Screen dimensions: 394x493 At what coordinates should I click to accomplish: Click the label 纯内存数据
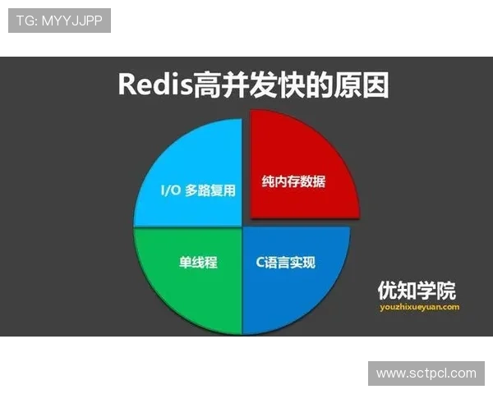click(x=293, y=181)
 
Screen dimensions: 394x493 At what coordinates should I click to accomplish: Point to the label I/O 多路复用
click(x=197, y=190)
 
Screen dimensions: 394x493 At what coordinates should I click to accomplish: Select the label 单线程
click(x=198, y=263)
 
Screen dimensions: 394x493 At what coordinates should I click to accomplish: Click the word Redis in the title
click(x=151, y=85)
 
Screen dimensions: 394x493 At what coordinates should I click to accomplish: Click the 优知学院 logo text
click(x=417, y=291)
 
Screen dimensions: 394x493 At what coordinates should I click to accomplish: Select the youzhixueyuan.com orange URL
click(x=419, y=307)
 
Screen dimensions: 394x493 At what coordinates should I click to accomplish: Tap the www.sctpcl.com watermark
click(x=426, y=373)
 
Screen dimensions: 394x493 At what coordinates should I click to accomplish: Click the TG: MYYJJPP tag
click(x=59, y=21)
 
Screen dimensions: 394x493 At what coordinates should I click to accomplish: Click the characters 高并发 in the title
click(x=230, y=85)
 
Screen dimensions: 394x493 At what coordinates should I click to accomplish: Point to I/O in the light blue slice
click(x=169, y=190)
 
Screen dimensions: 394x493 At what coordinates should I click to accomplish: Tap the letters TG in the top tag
click(x=25, y=21)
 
